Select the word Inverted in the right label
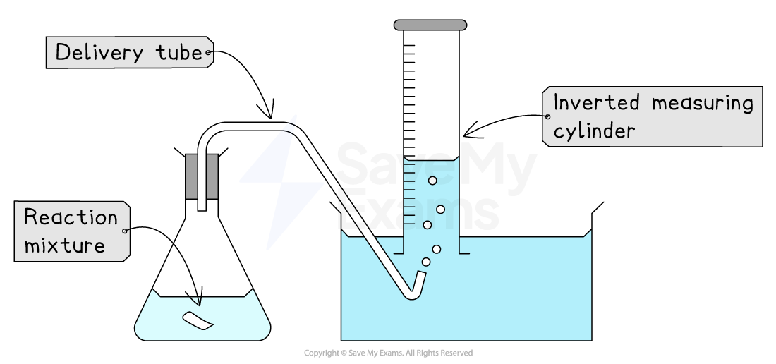596,103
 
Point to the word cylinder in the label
594,131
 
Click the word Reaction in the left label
71,217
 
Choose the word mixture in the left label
64,245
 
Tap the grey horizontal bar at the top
430,25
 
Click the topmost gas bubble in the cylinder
432,181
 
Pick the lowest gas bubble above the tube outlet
426,262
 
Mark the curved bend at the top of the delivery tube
212,131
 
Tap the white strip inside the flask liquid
198,321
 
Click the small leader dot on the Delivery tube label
208,53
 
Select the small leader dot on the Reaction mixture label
126,231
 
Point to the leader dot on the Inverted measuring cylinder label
547,117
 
